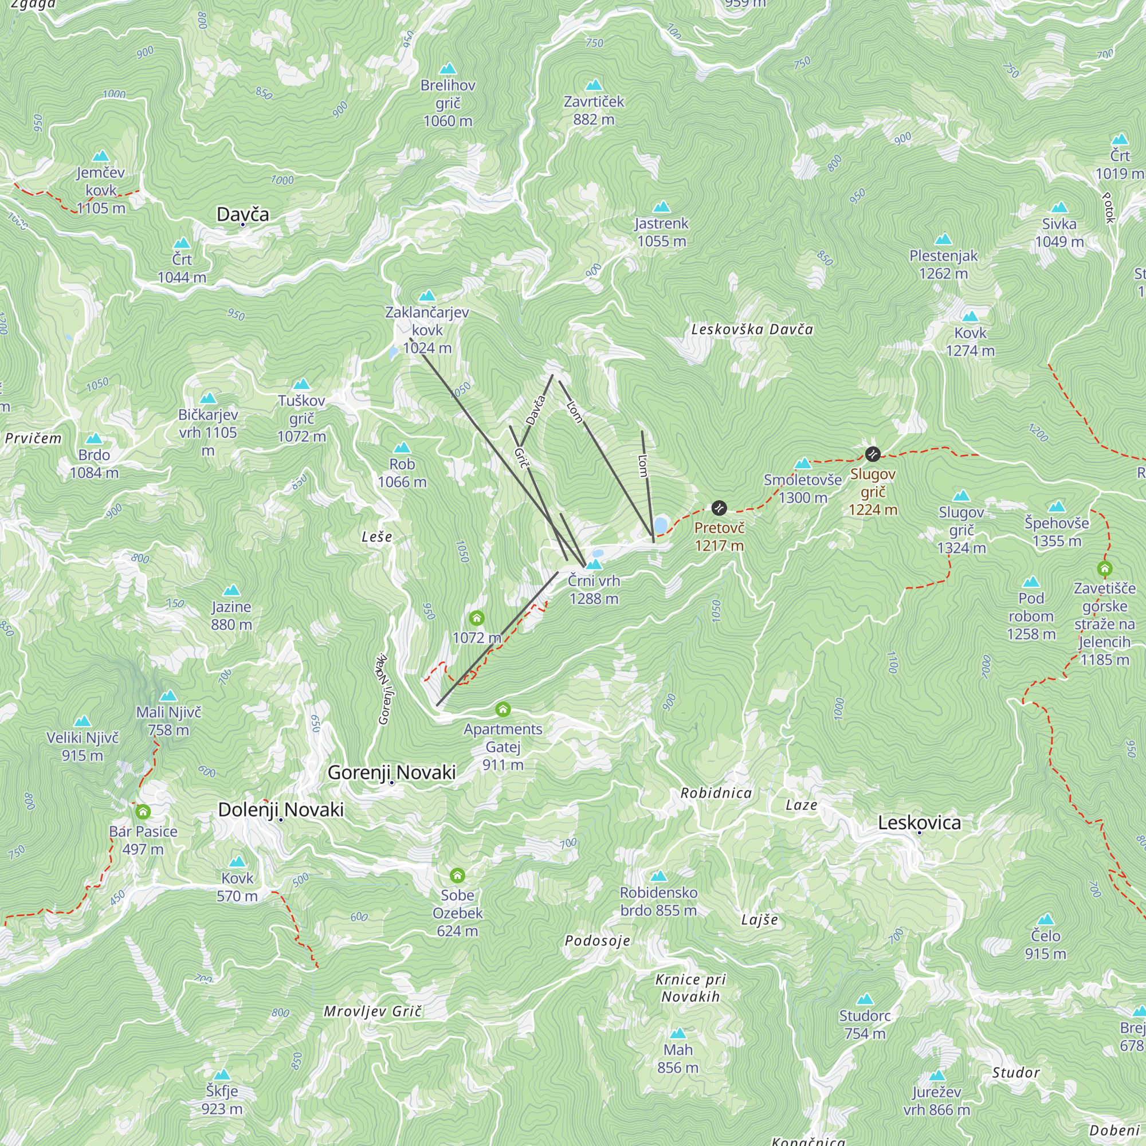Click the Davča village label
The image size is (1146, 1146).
(x=242, y=214)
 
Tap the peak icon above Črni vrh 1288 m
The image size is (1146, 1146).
(x=594, y=564)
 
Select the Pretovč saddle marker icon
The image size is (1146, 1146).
(x=719, y=508)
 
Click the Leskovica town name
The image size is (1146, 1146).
(x=919, y=823)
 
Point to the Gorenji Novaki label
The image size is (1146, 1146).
(x=391, y=772)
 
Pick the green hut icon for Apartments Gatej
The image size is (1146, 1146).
(x=503, y=709)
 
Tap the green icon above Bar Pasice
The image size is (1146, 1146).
(x=143, y=811)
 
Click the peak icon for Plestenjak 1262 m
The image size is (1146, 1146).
(x=943, y=240)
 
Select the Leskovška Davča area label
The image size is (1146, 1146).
(x=752, y=329)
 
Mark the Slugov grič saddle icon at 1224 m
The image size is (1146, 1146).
(x=873, y=454)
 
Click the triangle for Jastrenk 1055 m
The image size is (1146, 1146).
(x=661, y=207)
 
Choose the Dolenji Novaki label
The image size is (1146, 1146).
(x=281, y=810)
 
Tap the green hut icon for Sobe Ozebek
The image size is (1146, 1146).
(x=457, y=875)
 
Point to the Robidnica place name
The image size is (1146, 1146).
(x=716, y=793)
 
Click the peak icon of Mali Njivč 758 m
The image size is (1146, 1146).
(x=168, y=696)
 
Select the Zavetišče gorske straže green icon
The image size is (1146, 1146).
(x=1105, y=569)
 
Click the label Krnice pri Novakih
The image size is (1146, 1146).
(x=690, y=988)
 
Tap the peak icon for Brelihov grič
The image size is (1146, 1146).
(x=448, y=69)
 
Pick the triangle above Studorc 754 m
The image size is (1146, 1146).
(x=865, y=999)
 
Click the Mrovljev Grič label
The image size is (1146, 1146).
(x=372, y=1011)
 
